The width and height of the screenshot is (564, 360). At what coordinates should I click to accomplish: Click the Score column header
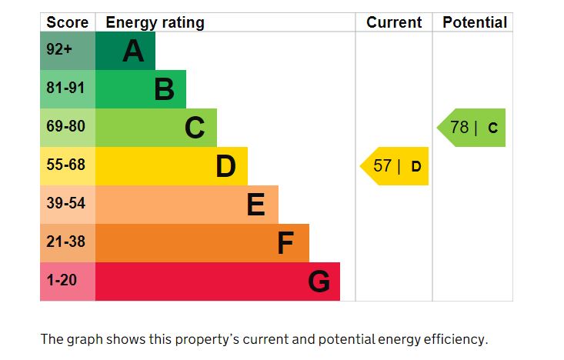pyautogui.click(x=68, y=22)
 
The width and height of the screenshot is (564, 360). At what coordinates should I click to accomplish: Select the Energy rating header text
pyautogui.click(x=155, y=22)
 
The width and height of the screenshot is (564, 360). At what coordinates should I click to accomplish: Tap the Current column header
pyautogui.click(x=394, y=22)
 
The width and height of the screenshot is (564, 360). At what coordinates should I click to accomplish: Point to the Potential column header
pyautogui.click(x=475, y=22)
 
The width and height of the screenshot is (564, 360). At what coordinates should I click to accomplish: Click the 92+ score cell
pyautogui.click(x=59, y=50)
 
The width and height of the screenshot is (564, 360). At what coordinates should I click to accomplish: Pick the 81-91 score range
pyautogui.click(x=65, y=88)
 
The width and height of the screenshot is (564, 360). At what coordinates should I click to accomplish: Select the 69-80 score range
pyautogui.click(x=65, y=127)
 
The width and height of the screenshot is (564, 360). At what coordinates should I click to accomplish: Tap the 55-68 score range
pyautogui.click(x=65, y=165)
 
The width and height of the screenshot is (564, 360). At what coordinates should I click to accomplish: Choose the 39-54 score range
pyautogui.click(x=65, y=204)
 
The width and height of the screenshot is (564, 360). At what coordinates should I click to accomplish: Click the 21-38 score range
pyautogui.click(x=65, y=242)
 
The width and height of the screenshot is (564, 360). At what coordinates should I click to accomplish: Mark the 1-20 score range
pyautogui.click(x=62, y=281)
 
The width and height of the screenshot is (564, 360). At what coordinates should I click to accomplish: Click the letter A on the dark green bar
pyautogui.click(x=133, y=52)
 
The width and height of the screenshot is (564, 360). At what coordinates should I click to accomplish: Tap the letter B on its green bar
pyautogui.click(x=164, y=90)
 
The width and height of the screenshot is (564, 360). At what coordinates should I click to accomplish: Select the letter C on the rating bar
pyautogui.click(x=195, y=128)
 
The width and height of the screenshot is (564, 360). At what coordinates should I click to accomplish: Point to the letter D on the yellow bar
pyautogui.click(x=225, y=167)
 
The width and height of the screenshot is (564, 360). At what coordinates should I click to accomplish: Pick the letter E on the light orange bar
pyautogui.click(x=255, y=205)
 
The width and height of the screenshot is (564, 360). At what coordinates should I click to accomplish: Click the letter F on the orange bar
pyautogui.click(x=285, y=244)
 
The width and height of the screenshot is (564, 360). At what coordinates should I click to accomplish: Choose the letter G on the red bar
pyautogui.click(x=319, y=282)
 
